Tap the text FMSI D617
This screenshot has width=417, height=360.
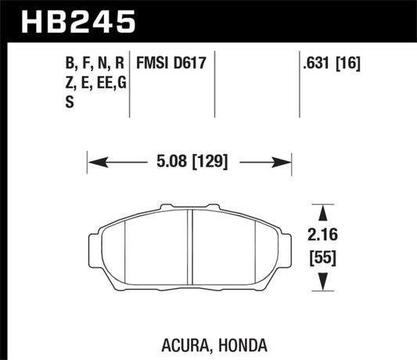171,63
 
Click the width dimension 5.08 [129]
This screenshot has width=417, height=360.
188,163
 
